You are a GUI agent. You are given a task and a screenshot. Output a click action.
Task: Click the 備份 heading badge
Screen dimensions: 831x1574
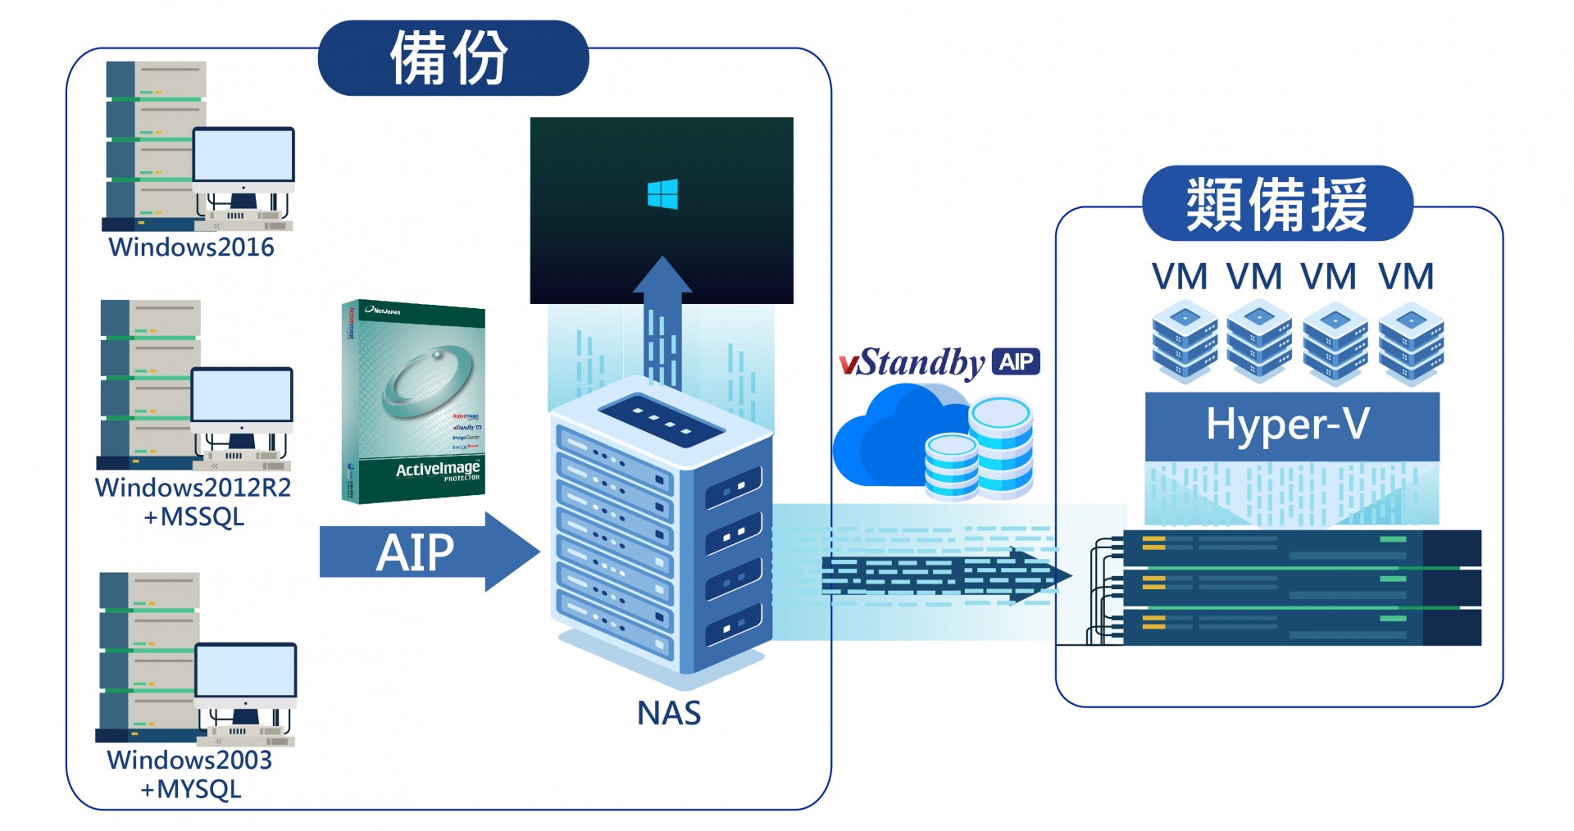pos(453,58)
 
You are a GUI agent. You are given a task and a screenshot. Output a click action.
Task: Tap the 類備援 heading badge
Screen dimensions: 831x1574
pos(1276,204)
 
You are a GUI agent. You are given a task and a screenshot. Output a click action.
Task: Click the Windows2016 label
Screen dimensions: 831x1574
pos(191,247)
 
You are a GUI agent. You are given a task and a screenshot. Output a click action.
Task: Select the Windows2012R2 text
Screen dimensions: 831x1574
pos(193,488)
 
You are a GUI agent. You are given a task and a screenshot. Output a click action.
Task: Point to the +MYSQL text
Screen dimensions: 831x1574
pos(191,789)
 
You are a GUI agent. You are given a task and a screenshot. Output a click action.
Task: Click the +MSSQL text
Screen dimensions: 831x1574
pos(193,517)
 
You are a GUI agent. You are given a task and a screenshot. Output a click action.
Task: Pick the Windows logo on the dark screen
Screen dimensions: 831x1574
pos(662,195)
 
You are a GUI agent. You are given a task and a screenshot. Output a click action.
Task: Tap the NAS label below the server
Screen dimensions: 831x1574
pos(669,713)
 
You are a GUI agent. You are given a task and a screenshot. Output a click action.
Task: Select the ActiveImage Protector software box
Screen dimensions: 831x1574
pos(413,402)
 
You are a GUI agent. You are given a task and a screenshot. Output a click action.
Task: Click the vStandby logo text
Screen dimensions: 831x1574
pos(912,362)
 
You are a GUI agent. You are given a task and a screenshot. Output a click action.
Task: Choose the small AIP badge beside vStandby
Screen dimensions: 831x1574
pos(1016,361)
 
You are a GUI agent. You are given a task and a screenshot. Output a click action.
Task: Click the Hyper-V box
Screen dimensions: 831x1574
pos(1291,425)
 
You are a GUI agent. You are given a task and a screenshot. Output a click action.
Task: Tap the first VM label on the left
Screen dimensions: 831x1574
pos(1179,276)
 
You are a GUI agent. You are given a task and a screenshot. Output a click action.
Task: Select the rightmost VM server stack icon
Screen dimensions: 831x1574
pos(1411,342)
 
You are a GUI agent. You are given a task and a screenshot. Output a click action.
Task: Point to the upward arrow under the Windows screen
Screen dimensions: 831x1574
pos(662,320)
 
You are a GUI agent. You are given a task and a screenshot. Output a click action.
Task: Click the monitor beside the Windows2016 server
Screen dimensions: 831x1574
pos(243,155)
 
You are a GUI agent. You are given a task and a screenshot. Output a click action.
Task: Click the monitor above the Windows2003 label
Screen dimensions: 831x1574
pos(245,671)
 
